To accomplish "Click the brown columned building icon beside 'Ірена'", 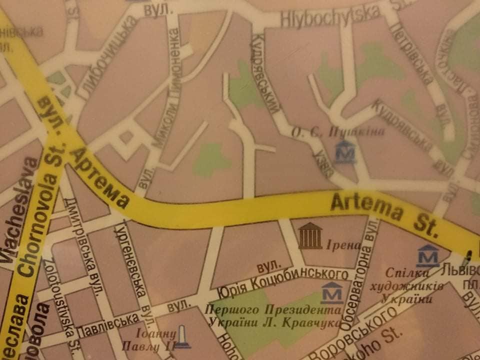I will [x=310, y=236].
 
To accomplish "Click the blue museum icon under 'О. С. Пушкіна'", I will [x=345, y=151].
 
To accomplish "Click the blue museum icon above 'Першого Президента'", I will [x=332, y=292].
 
